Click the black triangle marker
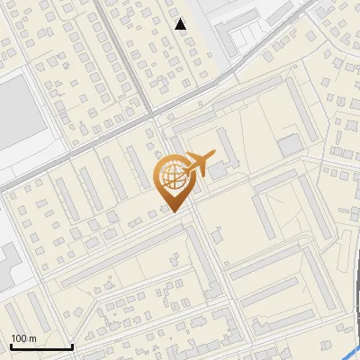181,24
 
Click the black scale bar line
40,346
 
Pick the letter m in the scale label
32,338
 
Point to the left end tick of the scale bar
10,345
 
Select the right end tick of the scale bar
72,345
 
